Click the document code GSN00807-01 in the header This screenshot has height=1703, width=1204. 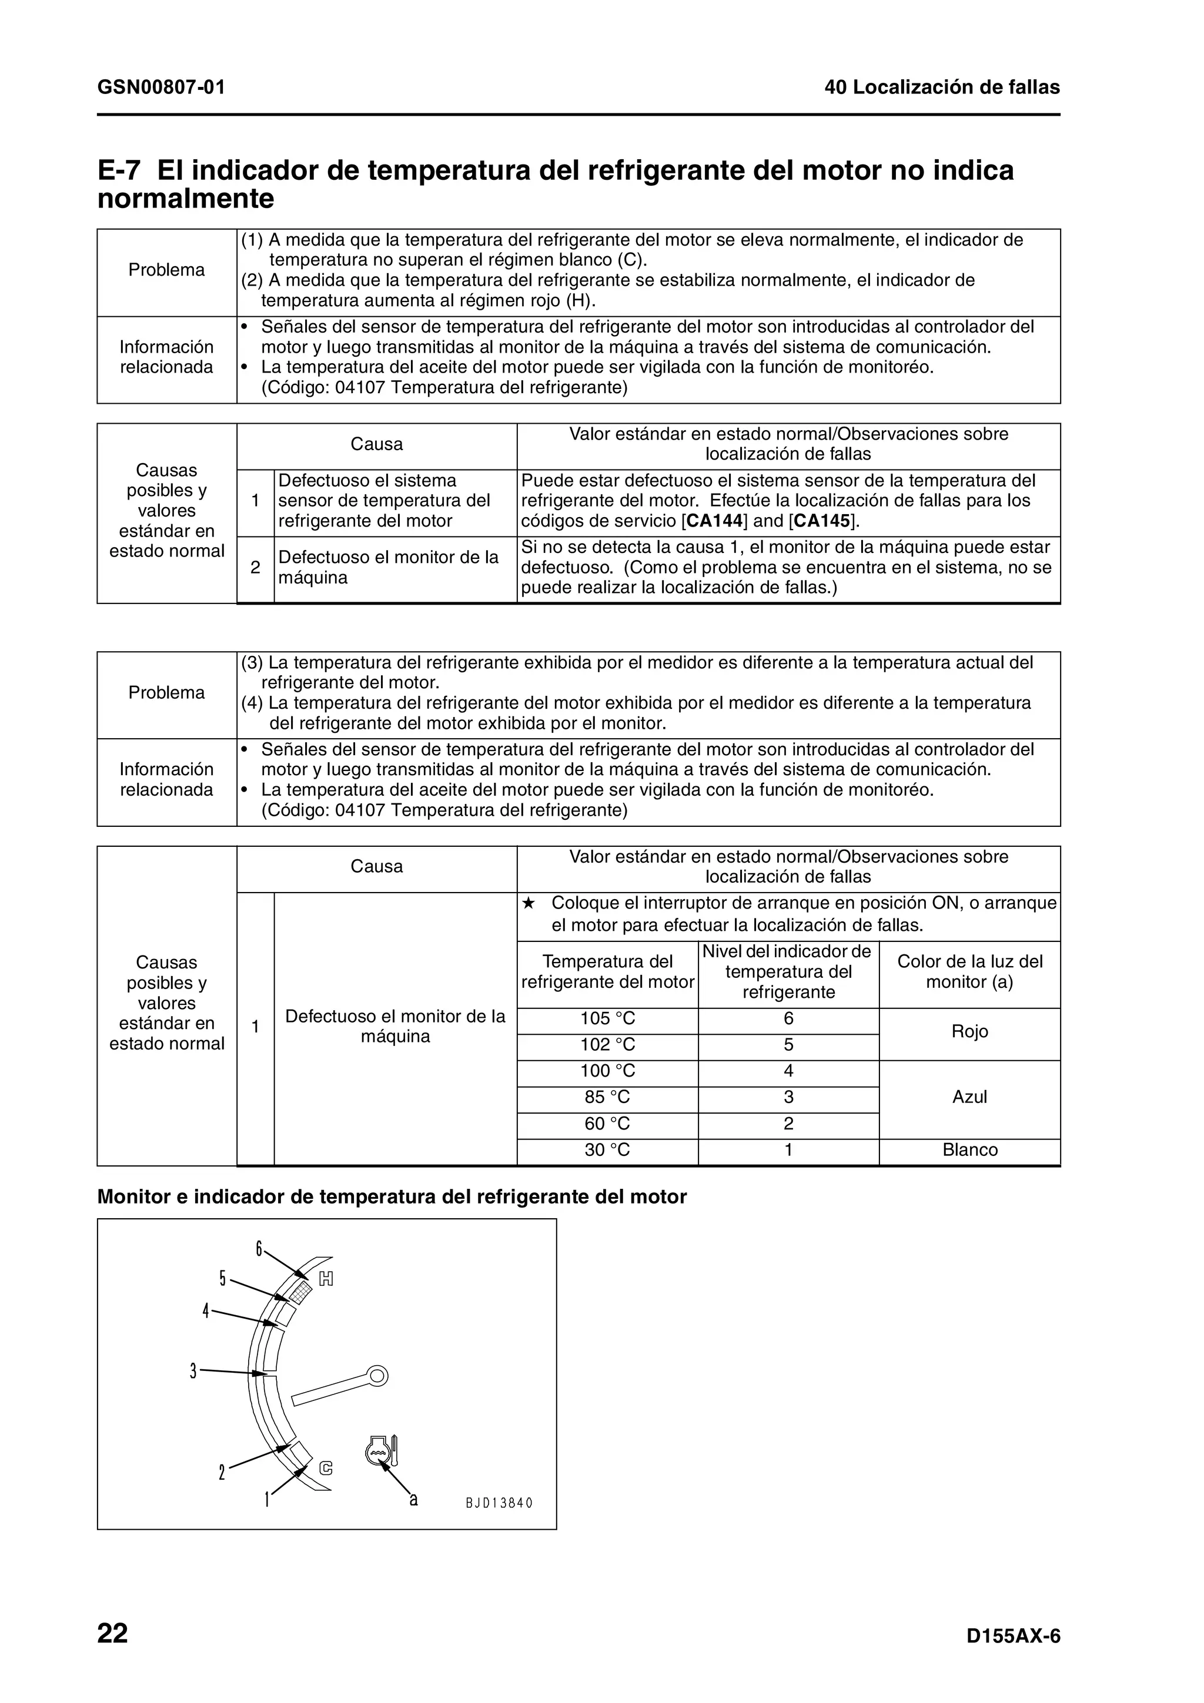(x=161, y=88)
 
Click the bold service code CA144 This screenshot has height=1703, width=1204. (x=715, y=521)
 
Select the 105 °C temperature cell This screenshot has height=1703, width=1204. (x=607, y=1019)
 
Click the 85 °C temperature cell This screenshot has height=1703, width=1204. (x=607, y=1097)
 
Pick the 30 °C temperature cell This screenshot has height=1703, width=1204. (x=607, y=1149)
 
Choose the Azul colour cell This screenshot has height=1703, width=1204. (x=969, y=1097)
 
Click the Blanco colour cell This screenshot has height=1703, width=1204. (x=969, y=1149)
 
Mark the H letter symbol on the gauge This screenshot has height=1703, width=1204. (x=326, y=1279)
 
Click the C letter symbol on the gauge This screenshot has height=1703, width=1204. (x=326, y=1468)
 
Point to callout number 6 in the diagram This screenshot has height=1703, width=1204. (x=259, y=1249)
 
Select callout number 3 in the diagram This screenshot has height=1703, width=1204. (x=193, y=1371)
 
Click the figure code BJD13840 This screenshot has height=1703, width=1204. (x=499, y=1503)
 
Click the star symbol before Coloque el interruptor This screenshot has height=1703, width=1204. (x=527, y=903)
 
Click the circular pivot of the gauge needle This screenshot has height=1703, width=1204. (x=377, y=1376)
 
